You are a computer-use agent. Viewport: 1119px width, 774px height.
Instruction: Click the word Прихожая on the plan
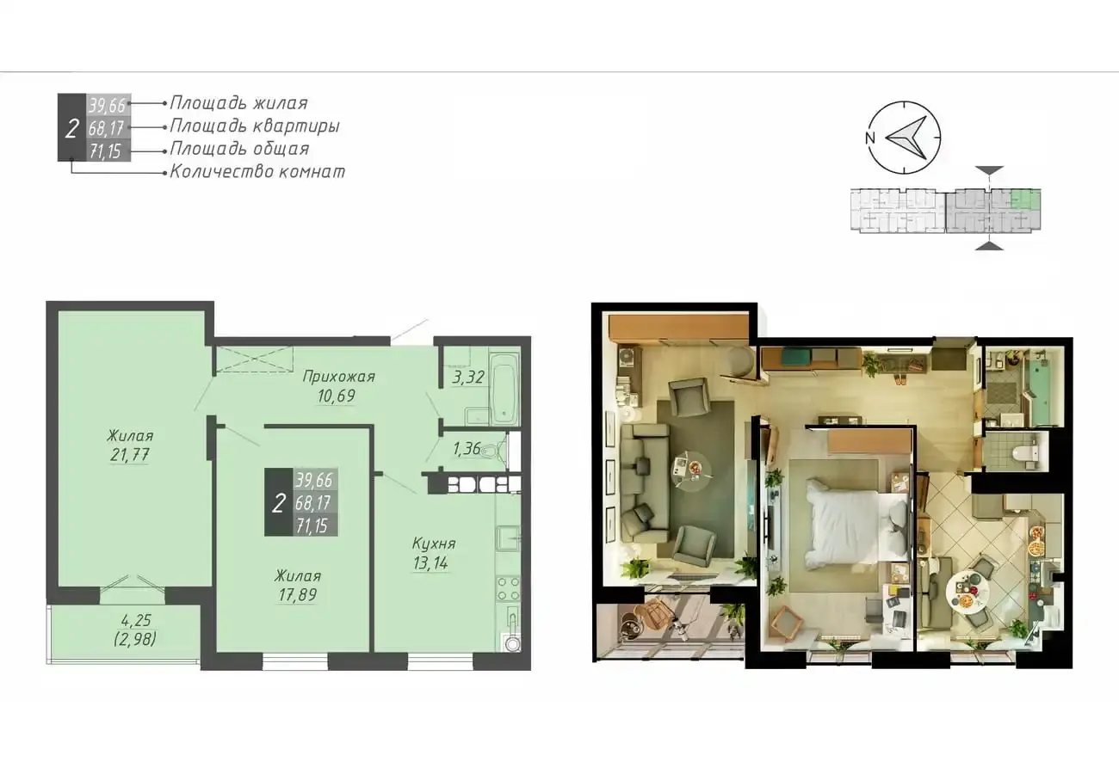pyautogui.click(x=338, y=377)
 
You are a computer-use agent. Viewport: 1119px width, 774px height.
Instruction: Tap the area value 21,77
pyautogui.click(x=130, y=455)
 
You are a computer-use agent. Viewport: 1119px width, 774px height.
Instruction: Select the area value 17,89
pyautogui.click(x=298, y=594)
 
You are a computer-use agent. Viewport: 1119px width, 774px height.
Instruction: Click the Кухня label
pyautogui.click(x=434, y=544)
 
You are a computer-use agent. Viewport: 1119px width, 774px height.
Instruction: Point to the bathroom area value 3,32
pyautogui.click(x=468, y=378)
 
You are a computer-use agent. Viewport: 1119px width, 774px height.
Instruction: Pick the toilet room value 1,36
pyautogui.click(x=467, y=449)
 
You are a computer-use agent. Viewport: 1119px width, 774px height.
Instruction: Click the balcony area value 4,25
pyautogui.click(x=136, y=620)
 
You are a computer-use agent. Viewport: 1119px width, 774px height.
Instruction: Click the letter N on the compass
pyautogui.click(x=870, y=138)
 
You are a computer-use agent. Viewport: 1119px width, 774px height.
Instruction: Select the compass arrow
pyautogui.click(x=906, y=138)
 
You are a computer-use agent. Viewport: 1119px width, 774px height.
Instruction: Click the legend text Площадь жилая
pyautogui.click(x=238, y=103)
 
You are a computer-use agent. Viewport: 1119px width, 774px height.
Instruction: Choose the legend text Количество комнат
pyautogui.click(x=257, y=172)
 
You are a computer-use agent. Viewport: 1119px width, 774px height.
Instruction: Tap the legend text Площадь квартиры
pyautogui.click(x=255, y=126)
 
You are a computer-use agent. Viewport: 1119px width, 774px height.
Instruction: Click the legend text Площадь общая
pyautogui.click(x=240, y=149)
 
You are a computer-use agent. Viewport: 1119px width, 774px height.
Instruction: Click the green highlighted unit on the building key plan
pyautogui.click(x=1025, y=200)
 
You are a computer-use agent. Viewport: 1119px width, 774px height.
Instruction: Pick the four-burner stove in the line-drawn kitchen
pyautogui.click(x=508, y=589)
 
